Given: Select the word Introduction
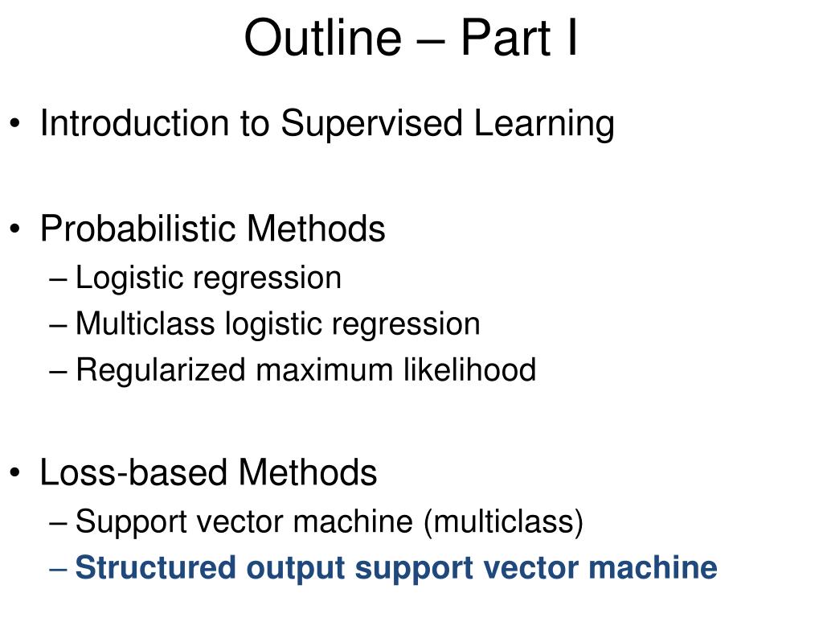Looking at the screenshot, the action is pos(135,123).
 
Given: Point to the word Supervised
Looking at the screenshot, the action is pos(371,124).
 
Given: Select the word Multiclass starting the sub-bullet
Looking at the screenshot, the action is pos(145,323).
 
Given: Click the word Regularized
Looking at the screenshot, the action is pos(161,370).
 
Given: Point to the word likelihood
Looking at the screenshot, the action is pos(469,369).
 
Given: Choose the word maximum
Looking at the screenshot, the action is pos(325,370).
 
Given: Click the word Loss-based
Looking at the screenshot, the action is pos(133,472).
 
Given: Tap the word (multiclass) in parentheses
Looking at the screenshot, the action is pos(503,521).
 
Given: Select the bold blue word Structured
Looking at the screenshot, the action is pos(155,567).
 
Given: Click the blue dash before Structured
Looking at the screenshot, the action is pos(58,569).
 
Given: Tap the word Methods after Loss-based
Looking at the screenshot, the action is pos(308,472).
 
